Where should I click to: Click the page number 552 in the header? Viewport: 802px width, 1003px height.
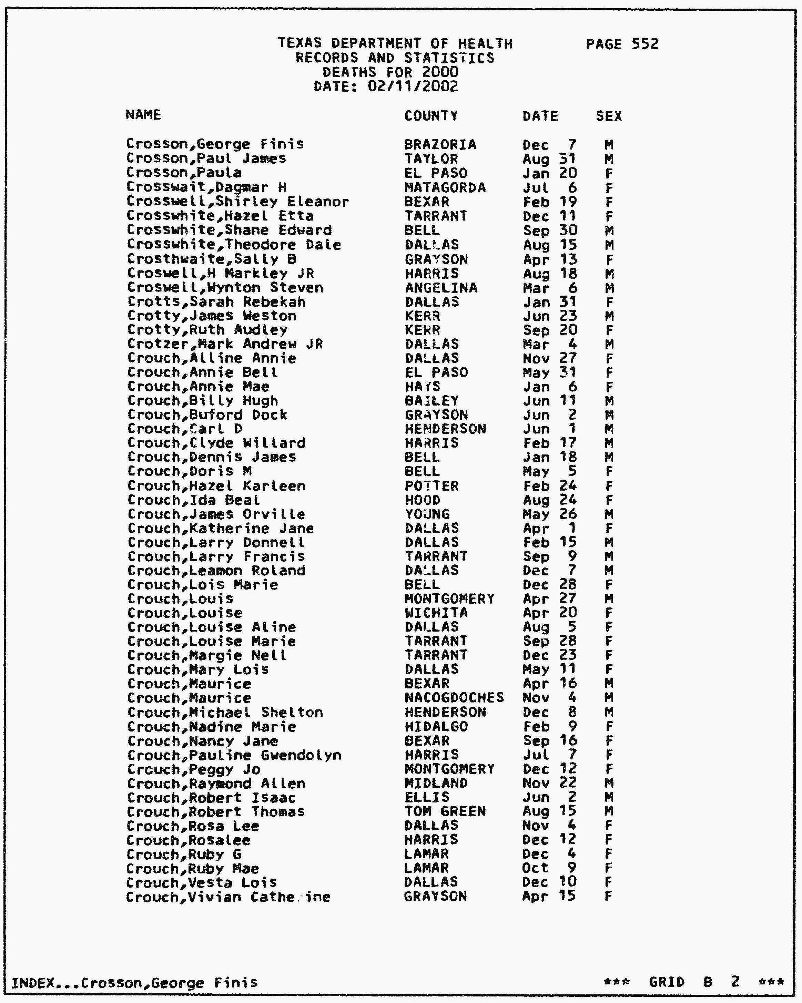pos(645,44)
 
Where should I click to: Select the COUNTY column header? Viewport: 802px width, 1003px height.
pos(431,115)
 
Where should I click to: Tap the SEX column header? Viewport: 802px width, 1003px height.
pos(608,116)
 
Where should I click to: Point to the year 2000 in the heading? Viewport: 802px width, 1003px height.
pos(440,72)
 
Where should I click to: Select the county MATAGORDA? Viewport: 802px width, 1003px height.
pos(445,188)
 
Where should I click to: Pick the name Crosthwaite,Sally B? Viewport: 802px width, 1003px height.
pos(211,259)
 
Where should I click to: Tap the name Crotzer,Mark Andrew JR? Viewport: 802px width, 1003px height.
pos(225,344)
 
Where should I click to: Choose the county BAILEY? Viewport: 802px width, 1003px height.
pos(432,401)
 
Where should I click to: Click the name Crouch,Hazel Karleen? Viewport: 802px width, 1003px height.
pos(216,486)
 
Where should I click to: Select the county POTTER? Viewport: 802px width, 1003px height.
pos(432,486)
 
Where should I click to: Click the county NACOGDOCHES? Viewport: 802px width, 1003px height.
pos(454,698)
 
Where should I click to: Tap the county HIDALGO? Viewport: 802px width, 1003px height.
pos(436,727)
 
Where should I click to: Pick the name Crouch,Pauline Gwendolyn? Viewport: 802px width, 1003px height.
pos(234,755)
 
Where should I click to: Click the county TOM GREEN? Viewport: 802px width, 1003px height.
pos(445,812)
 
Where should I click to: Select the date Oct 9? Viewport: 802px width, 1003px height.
pos(549,868)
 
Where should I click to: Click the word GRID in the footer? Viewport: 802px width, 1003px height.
pos(667,982)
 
